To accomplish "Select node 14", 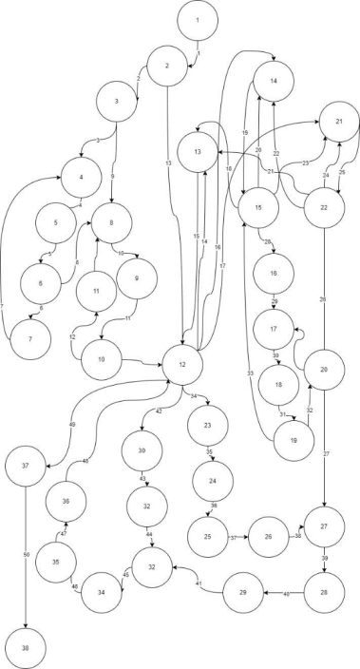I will pyautogui.click(x=273, y=82).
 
